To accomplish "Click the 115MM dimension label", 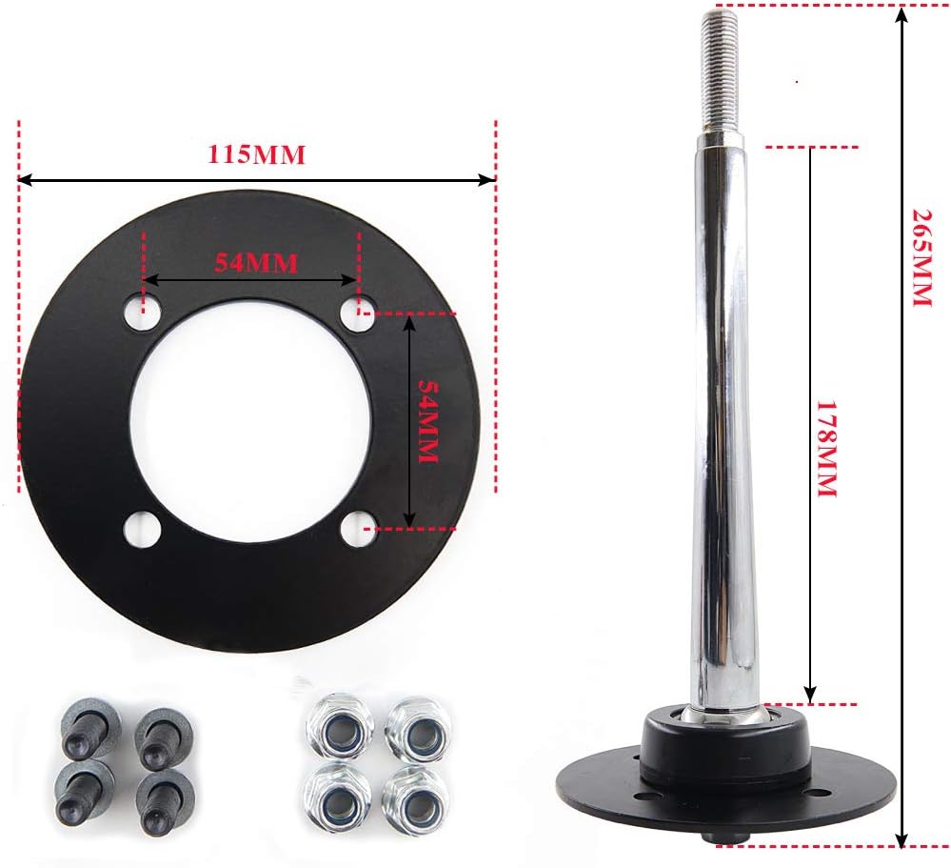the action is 256,154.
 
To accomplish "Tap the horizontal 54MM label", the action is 256,263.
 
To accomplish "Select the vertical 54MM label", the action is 428,422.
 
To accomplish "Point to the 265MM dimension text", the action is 921,258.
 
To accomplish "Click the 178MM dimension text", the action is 827,448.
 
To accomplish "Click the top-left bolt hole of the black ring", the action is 143,313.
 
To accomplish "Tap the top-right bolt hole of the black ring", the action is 358,314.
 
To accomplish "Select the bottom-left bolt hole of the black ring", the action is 142,529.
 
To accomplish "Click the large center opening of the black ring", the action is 250,420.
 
